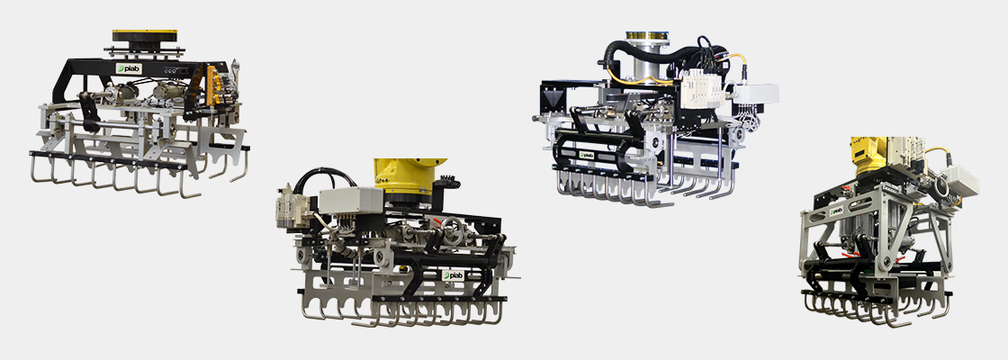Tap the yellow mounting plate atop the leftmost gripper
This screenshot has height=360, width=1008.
(146, 35)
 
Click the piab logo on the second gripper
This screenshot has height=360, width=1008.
(452, 275)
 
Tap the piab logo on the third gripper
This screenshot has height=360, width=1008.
(587, 154)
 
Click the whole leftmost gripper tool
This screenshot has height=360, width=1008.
(139, 117)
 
